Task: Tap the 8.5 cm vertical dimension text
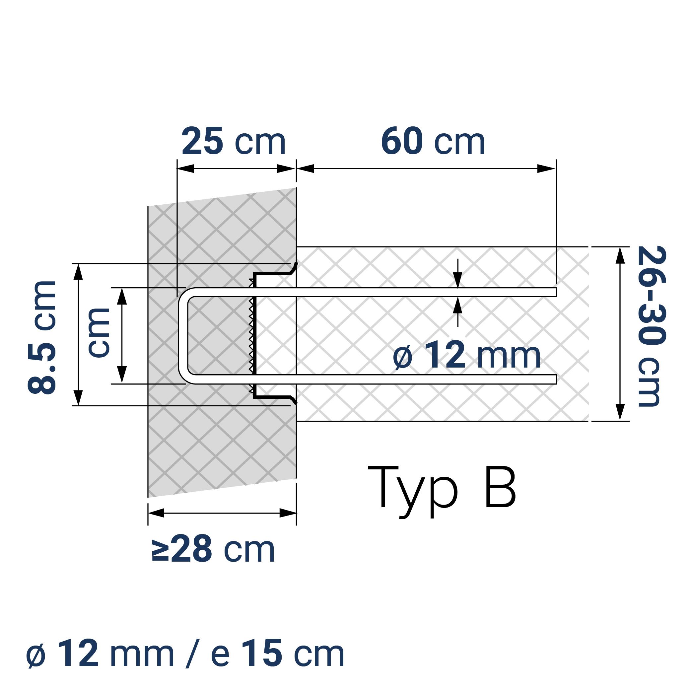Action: (x=42, y=338)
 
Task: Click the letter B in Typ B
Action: (x=500, y=487)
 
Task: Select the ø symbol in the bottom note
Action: (x=36, y=655)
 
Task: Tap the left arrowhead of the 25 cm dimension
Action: (x=185, y=169)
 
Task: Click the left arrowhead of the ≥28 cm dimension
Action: (x=156, y=513)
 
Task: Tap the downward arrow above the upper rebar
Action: (x=458, y=279)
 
